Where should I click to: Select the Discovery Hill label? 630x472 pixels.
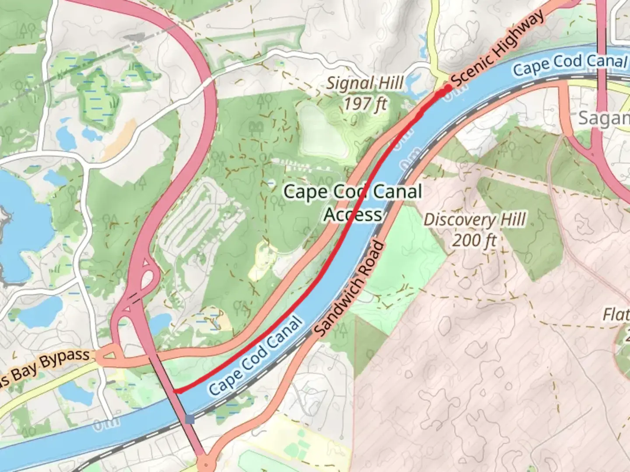pos(475,219)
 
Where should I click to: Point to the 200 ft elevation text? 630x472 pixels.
pos(474,240)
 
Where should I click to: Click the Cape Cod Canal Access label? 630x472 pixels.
pos(353,203)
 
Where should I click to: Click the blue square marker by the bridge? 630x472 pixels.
pos(190,419)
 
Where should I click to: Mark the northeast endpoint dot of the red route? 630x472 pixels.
pos(448,88)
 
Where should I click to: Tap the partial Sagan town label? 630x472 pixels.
pos(604,118)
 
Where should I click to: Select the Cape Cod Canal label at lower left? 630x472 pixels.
pos(256,356)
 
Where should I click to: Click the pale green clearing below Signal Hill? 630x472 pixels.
pos(322,131)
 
